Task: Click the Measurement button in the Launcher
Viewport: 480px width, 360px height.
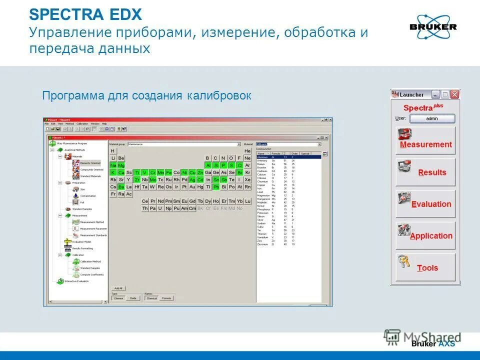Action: coord(425,140)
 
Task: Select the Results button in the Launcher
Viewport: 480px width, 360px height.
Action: coord(425,172)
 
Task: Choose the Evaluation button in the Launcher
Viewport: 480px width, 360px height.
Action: coord(425,204)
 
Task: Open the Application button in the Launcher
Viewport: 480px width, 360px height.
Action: coord(425,236)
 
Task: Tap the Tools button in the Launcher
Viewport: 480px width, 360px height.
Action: coord(425,267)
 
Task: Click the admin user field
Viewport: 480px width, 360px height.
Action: coord(432,118)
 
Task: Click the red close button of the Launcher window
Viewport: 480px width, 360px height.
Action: coord(454,94)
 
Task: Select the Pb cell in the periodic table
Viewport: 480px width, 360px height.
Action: coord(216,186)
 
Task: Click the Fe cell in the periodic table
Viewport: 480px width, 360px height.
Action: coord(168,172)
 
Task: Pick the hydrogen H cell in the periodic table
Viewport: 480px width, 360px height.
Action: coord(113,151)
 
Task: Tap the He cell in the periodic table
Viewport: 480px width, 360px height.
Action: coord(247,151)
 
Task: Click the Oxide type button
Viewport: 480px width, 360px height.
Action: coord(133,298)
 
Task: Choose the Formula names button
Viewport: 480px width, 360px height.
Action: coord(166,298)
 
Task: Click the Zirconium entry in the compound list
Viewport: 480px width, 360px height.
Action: coord(263,244)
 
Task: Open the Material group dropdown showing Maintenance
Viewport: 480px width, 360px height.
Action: coord(184,144)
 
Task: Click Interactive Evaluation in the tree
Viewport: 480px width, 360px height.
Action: coord(77,281)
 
